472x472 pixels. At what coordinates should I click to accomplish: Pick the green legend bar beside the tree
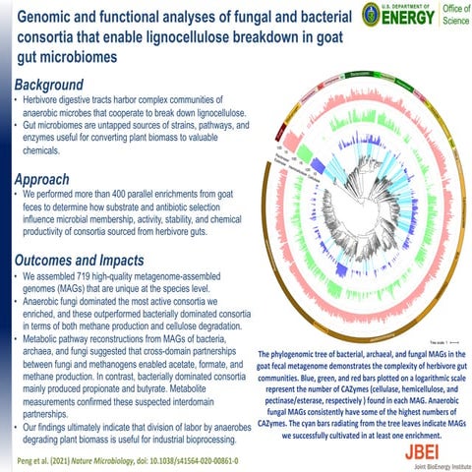[272, 164]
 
